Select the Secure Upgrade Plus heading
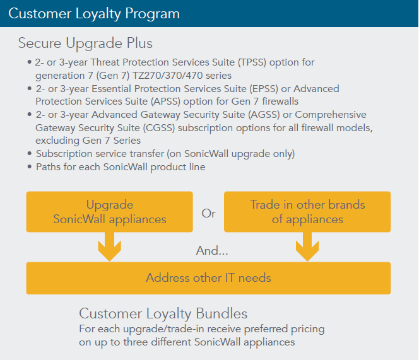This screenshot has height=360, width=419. point(85,44)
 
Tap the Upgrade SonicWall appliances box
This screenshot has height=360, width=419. point(110,212)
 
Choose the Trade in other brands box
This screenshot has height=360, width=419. point(307,212)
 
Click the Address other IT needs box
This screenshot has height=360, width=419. point(208,278)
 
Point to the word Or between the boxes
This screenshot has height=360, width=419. point(208,213)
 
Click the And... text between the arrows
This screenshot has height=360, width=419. point(212,250)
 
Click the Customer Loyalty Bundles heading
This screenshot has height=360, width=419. point(163,313)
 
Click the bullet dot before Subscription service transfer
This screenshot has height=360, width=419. point(30,154)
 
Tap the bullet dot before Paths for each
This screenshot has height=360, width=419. point(30,167)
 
